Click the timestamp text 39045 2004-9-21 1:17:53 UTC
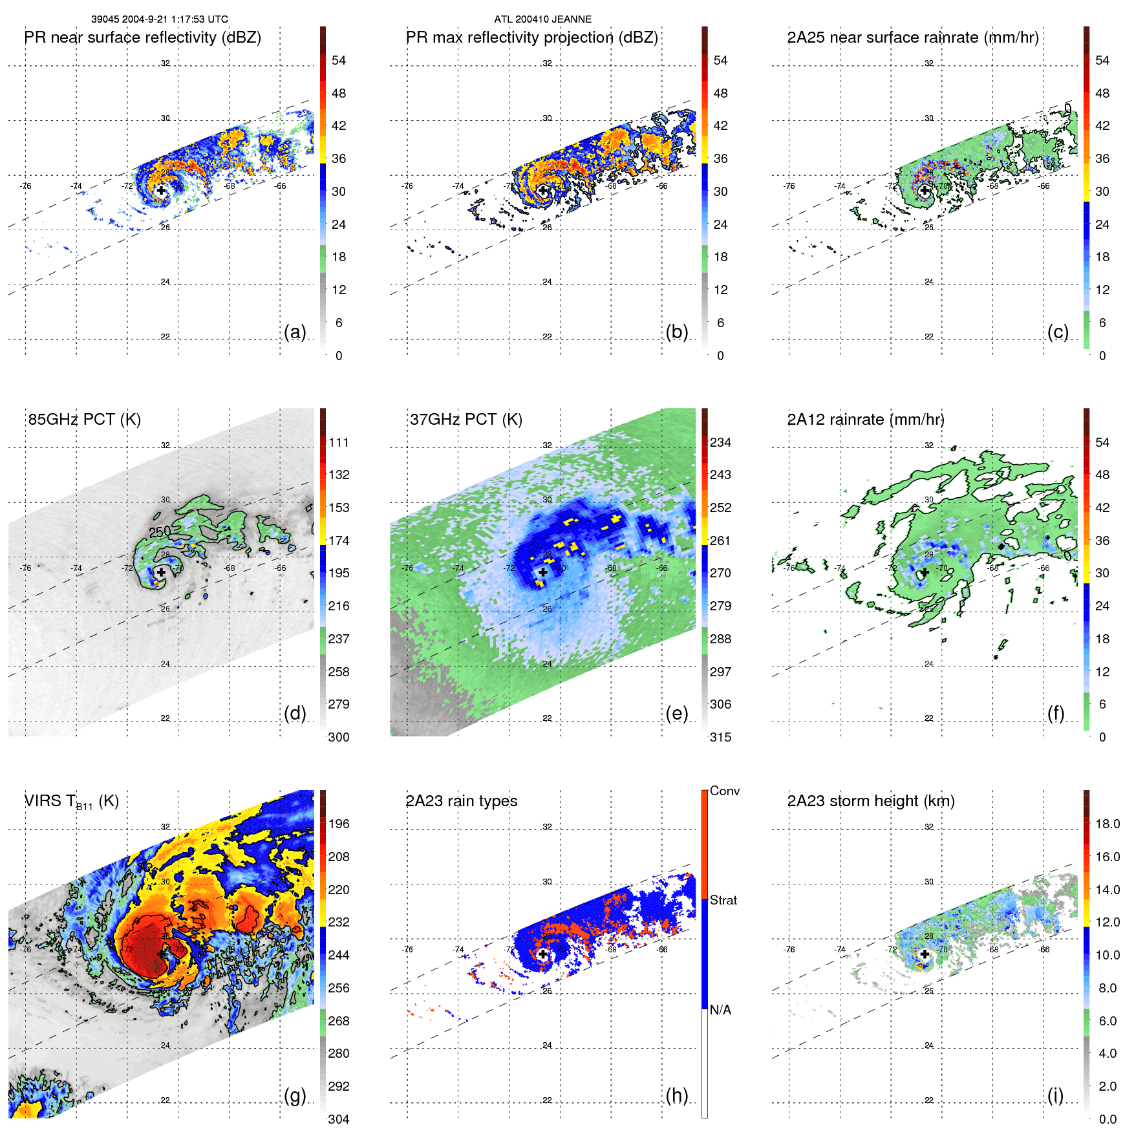[159, 19]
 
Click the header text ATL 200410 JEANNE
[542, 19]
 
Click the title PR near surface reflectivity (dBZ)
[143, 37]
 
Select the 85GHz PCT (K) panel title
[85, 420]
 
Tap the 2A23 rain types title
[462, 801]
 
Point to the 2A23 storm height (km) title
[871, 801]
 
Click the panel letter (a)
[295, 332]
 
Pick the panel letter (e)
[677, 713]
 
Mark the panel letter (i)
[1055, 1095]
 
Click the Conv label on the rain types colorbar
[725, 791]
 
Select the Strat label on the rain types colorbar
[723, 900]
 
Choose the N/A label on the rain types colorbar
[720, 1010]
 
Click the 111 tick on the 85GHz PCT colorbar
[339, 442]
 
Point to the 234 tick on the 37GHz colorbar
[720, 442]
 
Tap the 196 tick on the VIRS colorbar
[339, 824]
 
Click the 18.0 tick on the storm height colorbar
[1108, 824]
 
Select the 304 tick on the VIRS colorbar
[339, 1119]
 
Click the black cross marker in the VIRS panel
[161, 954]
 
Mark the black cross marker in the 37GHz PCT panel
[543, 572]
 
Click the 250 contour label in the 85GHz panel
[160, 531]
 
